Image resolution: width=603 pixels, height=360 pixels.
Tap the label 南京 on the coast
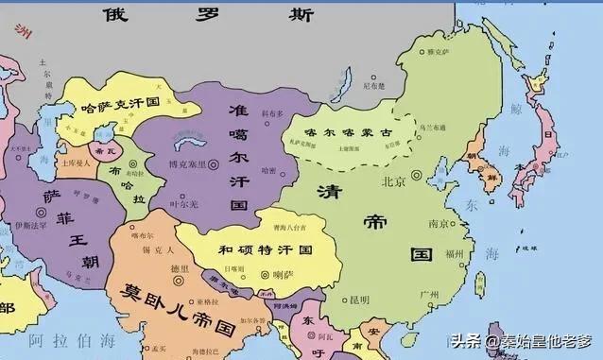click(438, 224)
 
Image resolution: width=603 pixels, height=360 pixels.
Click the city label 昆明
click(359, 300)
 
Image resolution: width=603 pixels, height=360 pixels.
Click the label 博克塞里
click(185, 165)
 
